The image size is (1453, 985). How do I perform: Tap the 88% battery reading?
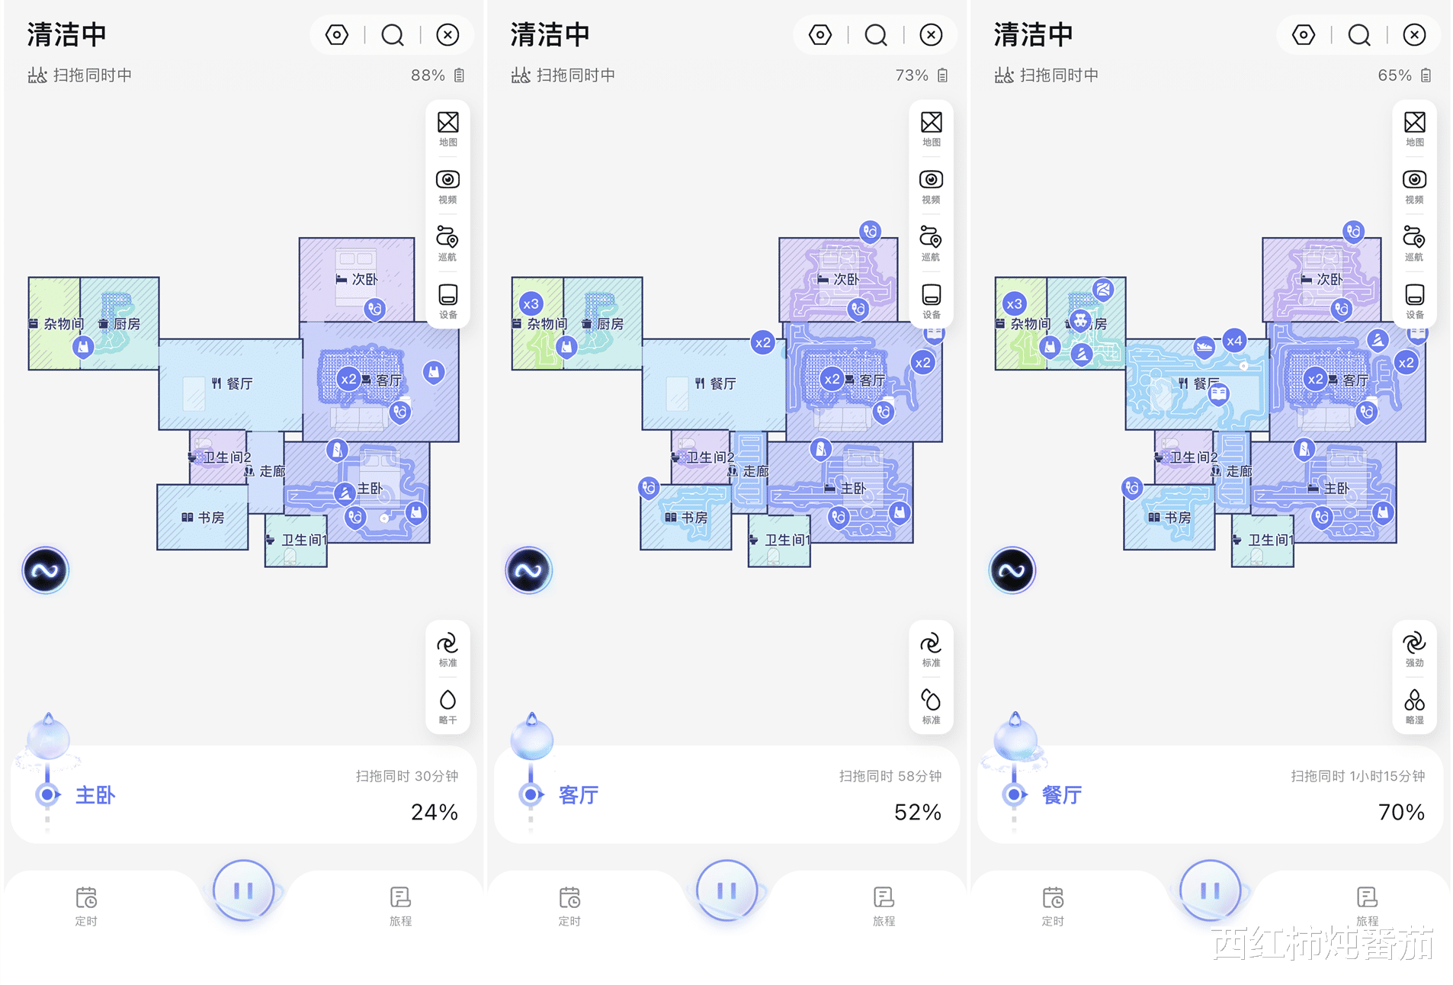[428, 75]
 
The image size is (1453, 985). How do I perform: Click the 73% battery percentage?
[912, 75]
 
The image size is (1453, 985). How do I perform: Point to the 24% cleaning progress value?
[435, 812]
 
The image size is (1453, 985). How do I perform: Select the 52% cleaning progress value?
[918, 812]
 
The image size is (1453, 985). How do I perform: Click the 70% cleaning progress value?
[1401, 812]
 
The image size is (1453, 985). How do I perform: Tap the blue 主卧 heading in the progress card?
[95, 795]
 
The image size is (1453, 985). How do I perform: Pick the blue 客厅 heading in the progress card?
[579, 795]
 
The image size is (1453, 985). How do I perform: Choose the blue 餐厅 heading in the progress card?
[1062, 795]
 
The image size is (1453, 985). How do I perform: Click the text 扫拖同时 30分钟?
[407, 776]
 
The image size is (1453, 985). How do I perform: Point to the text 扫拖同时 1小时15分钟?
[1358, 776]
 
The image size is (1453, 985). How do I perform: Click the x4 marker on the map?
[1234, 341]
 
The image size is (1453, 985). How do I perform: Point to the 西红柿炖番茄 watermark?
[1323, 944]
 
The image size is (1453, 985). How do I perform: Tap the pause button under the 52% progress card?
[726, 890]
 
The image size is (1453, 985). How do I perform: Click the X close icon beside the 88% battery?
[447, 35]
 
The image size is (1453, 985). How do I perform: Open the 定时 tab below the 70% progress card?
[1053, 905]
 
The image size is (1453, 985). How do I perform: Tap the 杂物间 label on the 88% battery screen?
[63, 324]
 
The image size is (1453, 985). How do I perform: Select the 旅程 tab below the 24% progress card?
[400, 905]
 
